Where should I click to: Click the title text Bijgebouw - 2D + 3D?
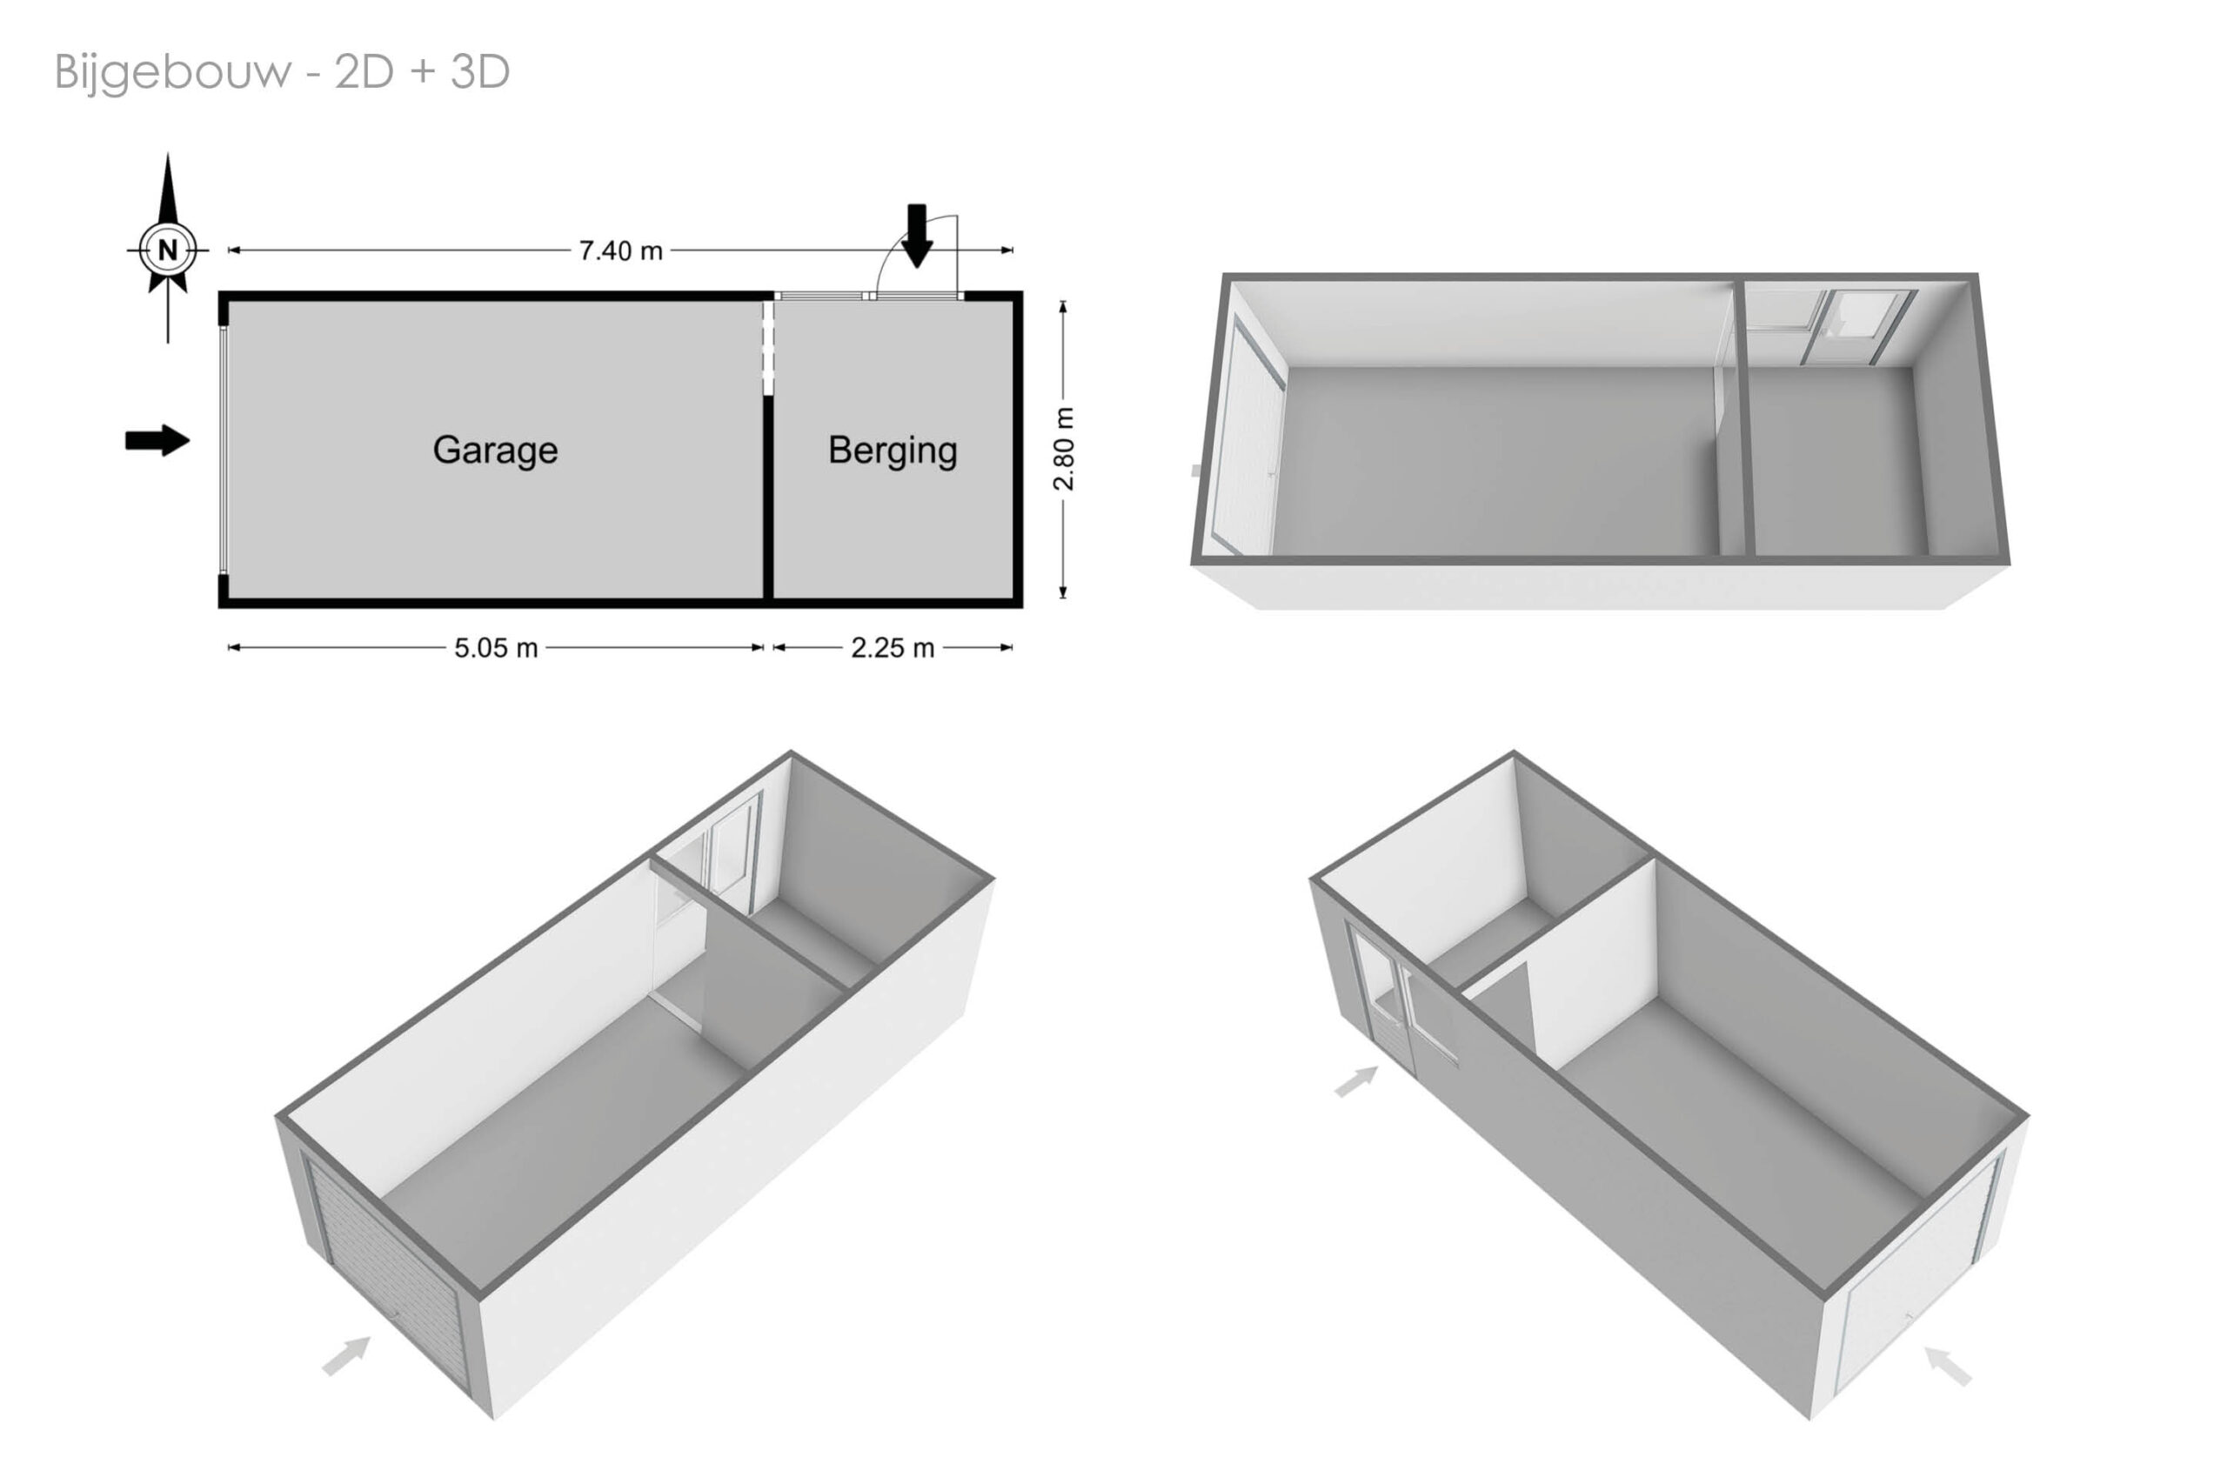coord(282,72)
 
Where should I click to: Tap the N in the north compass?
coord(168,250)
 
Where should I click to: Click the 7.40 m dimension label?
coord(621,251)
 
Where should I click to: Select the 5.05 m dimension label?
coord(496,648)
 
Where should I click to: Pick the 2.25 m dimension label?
coord(893,648)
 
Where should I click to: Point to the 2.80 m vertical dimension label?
coord(1064,449)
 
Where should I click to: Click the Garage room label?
coord(495,451)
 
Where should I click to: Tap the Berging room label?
coord(893,451)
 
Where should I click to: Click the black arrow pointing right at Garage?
coord(158,440)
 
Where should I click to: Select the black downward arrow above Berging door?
coord(917,236)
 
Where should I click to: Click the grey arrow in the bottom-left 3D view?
coord(346,1355)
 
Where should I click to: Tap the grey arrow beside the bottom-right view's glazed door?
coord(1356,1081)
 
